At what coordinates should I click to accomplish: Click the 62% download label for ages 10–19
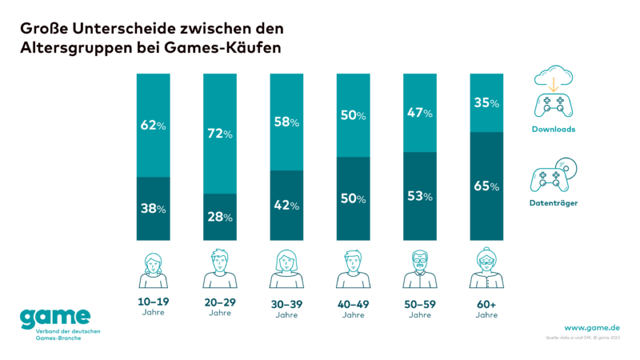coord(154,125)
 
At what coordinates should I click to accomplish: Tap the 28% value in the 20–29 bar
coord(220,217)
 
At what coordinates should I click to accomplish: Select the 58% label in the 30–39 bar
coord(286,122)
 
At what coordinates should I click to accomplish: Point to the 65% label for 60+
coord(486,186)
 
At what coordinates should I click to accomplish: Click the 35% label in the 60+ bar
coord(486,103)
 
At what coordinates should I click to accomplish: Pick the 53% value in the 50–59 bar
coord(420,196)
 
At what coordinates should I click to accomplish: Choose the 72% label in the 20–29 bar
coord(220,133)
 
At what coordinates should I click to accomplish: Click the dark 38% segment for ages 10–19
coord(154,209)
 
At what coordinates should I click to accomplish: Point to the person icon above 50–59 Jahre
coord(420,270)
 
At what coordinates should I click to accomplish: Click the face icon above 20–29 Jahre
coord(220,270)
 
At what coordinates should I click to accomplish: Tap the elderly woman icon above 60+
coord(486,270)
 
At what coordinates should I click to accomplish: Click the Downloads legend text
coord(554,128)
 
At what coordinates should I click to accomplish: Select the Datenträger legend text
coord(554,203)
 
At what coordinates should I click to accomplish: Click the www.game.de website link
coord(592,327)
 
